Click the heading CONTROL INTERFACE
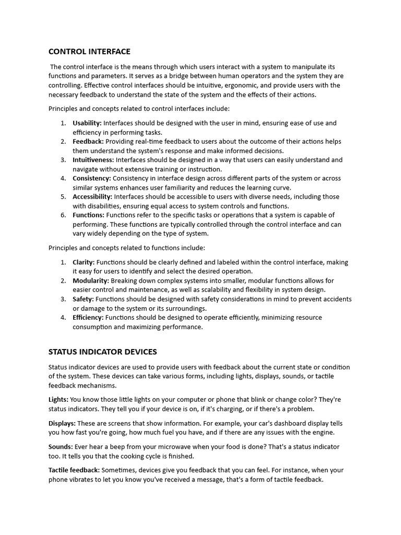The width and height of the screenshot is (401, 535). [x=89, y=51]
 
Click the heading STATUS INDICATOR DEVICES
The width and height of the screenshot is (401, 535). [x=102, y=352]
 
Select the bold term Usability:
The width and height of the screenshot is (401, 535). [x=87, y=123]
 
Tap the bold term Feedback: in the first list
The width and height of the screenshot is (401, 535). [x=88, y=142]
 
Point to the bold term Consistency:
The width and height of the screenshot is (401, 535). [x=92, y=178]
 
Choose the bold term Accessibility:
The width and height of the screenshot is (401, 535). [x=92, y=197]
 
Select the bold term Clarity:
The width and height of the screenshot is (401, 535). [x=84, y=262]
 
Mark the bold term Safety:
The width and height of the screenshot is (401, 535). [x=83, y=299]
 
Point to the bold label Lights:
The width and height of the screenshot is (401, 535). [x=58, y=400]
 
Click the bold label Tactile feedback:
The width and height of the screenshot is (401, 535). [x=74, y=470]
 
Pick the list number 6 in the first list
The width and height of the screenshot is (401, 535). [x=63, y=215]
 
